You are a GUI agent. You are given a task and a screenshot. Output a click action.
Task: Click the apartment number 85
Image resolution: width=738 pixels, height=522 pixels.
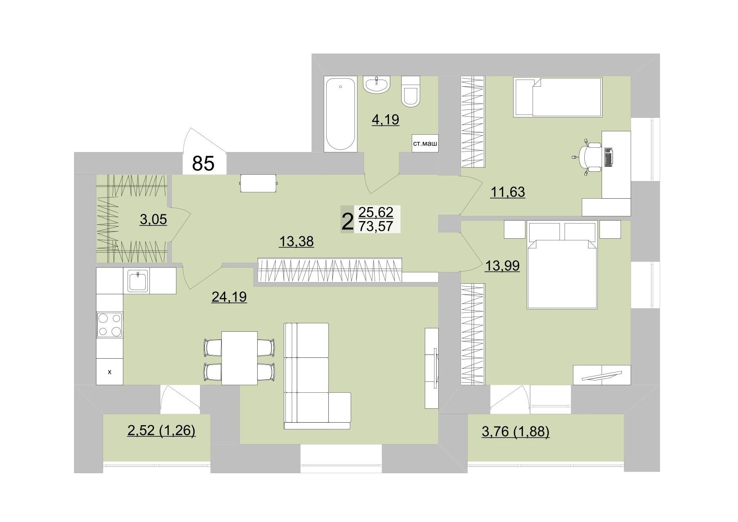pyautogui.click(x=203, y=163)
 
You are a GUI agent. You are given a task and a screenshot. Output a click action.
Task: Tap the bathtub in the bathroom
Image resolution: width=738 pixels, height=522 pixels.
pyautogui.click(x=341, y=114)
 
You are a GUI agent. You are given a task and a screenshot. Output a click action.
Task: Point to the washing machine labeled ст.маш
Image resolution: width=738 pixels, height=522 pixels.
pyautogui.click(x=425, y=144)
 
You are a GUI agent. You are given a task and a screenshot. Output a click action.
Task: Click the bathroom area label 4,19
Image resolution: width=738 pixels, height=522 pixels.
pyautogui.click(x=385, y=120)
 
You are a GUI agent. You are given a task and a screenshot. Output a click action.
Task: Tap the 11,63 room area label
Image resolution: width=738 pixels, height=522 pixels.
pyautogui.click(x=508, y=192)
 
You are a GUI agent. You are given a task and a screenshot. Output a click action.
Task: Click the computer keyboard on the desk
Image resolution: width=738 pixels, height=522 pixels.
pyautogui.click(x=609, y=157)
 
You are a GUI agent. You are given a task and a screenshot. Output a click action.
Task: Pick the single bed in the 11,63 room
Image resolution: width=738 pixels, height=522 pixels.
pyautogui.click(x=558, y=97)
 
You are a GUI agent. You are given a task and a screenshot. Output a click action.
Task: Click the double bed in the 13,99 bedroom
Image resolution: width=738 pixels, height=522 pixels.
pyautogui.click(x=562, y=266)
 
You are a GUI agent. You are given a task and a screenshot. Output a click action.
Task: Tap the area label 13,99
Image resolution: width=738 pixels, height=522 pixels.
pyautogui.click(x=502, y=266)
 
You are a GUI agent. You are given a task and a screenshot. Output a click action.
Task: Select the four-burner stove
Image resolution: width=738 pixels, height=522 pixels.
pyautogui.click(x=109, y=325)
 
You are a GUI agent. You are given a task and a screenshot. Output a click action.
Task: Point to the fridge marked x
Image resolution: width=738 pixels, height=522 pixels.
pyautogui.click(x=109, y=372)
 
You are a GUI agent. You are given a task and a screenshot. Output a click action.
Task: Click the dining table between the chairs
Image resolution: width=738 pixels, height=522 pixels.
pyautogui.click(x=240, y=358)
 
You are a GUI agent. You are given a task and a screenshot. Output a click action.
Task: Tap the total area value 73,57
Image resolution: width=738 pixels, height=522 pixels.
pyautogui.click(x=376, y=226)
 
